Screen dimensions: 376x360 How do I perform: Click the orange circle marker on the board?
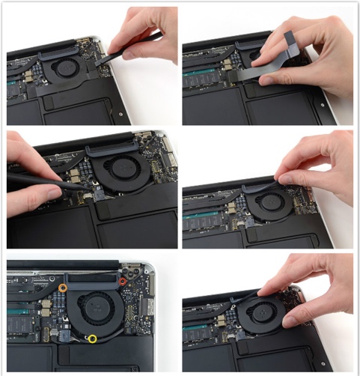(62, 287)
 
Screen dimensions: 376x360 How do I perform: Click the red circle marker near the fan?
(123, 282)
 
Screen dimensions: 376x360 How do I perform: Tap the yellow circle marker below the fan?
(92, 339)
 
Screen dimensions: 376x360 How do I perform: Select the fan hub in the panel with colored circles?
(97, 308)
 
